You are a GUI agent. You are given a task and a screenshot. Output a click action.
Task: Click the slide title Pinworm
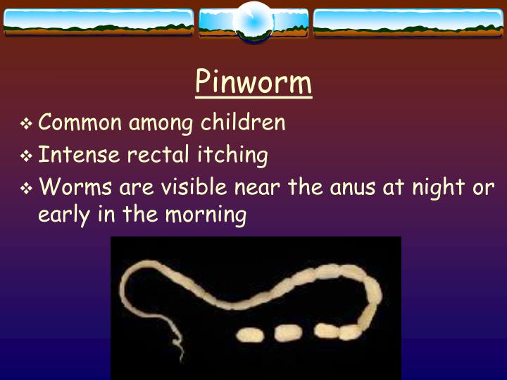[x=254, y=82]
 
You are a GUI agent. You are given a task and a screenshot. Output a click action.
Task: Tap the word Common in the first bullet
[x=80, y=122]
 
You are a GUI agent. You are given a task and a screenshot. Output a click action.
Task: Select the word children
[x=244, y=122]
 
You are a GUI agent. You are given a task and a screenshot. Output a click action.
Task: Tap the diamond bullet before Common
[x=27, y=125]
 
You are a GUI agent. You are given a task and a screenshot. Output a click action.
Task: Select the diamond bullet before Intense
[x=27, y=156]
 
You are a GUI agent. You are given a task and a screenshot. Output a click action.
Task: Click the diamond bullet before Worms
[x=27, y=189]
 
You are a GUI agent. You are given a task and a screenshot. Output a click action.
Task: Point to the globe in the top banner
[x=254, y=21]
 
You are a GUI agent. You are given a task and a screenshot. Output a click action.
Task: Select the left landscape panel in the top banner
[x=98, y=23]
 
